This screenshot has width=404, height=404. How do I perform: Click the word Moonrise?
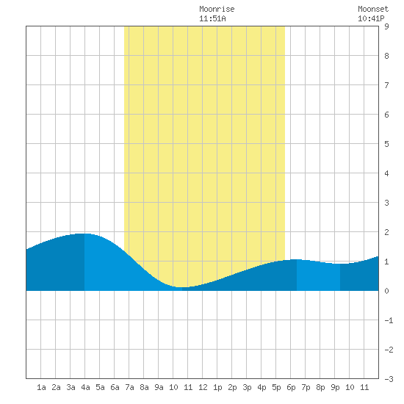217,9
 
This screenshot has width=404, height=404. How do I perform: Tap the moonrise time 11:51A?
212,18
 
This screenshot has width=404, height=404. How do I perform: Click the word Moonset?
373,9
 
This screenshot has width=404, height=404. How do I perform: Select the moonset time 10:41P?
371,18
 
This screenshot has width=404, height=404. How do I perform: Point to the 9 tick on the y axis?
386,26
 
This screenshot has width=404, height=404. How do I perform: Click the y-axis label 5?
386,144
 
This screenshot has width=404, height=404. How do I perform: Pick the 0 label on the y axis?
386,291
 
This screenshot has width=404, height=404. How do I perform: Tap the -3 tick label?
389,379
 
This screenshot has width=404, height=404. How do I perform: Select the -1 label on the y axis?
389,320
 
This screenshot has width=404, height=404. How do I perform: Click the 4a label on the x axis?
85,387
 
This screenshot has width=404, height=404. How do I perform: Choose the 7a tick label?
129,387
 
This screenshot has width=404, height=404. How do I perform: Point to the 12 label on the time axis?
203,387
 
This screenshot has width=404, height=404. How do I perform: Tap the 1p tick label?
217,387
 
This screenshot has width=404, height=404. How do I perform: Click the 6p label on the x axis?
291,387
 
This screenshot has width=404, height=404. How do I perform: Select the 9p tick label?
335,387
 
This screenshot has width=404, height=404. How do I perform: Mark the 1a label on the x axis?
41,387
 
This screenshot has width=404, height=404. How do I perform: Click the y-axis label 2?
386,232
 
